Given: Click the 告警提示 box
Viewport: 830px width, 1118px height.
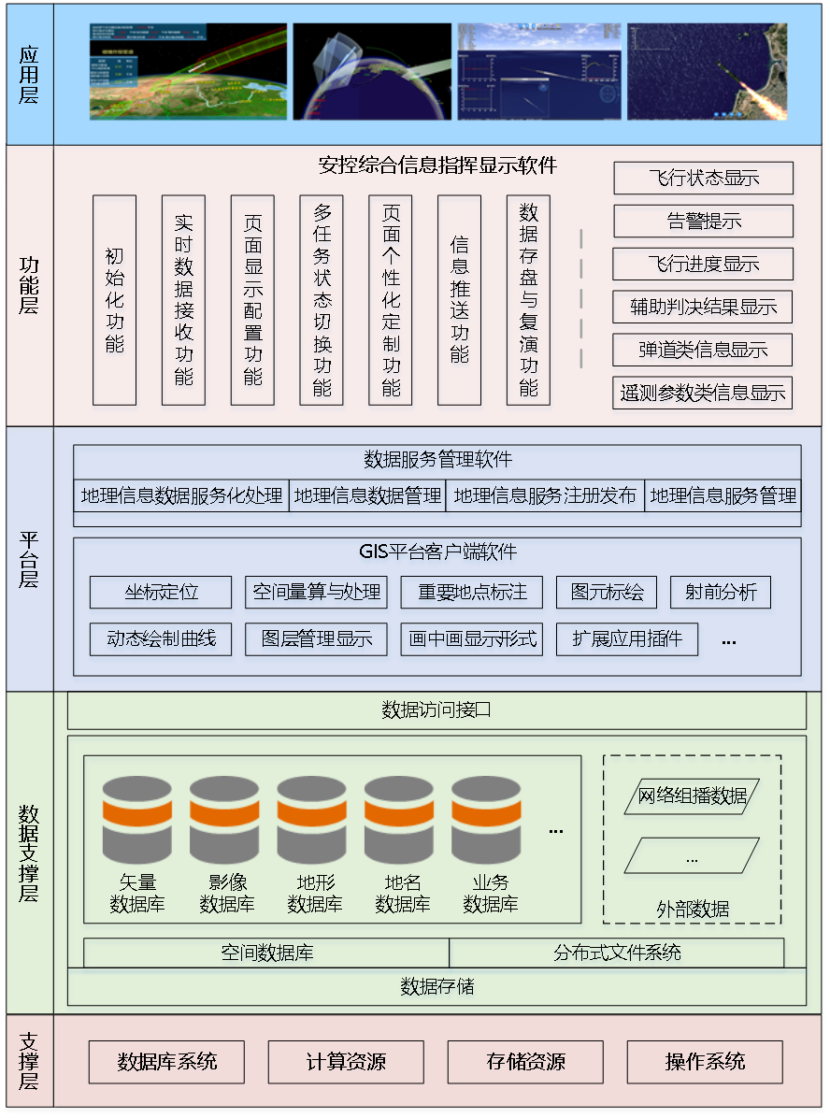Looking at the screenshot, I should (703, 222).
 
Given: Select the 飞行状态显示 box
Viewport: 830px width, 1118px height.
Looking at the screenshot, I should (703, 178).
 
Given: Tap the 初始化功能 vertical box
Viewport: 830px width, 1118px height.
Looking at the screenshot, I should (115, 300).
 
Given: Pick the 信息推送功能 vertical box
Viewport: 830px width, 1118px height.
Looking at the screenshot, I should (459, 300).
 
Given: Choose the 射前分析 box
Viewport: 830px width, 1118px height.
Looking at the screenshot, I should (721, 592).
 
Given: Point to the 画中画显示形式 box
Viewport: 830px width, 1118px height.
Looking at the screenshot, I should (473, 639).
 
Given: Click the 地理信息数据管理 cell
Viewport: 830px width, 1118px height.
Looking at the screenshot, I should (367, 495).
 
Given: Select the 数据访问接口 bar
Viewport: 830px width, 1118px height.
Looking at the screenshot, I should (436, 710).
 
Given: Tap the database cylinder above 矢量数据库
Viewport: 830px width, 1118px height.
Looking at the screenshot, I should (137, 819).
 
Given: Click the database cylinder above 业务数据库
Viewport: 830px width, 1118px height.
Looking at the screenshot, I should (486, 819).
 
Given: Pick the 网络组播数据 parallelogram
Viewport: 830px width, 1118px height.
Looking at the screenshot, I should (692, 796).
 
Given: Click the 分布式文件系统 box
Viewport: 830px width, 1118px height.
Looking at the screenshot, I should (617, 953).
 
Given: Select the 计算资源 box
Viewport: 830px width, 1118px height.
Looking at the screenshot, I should (346, 1062).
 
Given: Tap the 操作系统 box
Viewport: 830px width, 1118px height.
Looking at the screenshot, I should (705, 1062).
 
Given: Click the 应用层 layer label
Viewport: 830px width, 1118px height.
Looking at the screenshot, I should (29, 75).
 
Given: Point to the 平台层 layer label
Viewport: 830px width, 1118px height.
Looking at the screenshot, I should (29, 559).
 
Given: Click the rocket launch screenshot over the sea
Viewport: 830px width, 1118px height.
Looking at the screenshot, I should (707, 72).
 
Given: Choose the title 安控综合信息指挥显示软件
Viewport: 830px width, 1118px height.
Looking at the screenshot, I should (437, 166).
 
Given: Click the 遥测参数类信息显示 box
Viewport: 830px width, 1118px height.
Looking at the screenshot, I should (703, 393).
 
